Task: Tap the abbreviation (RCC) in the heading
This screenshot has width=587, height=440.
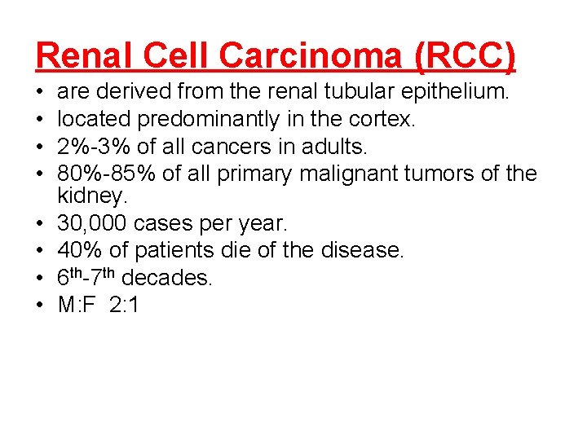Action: [466, 56]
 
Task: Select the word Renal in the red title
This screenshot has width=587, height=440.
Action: [78, 56]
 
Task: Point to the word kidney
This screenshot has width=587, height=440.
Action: [91, 196]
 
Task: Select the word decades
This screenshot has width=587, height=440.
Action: [170, 278]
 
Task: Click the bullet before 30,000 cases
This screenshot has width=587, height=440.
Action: [41, 224]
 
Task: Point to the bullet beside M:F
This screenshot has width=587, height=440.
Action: [41, 306]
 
